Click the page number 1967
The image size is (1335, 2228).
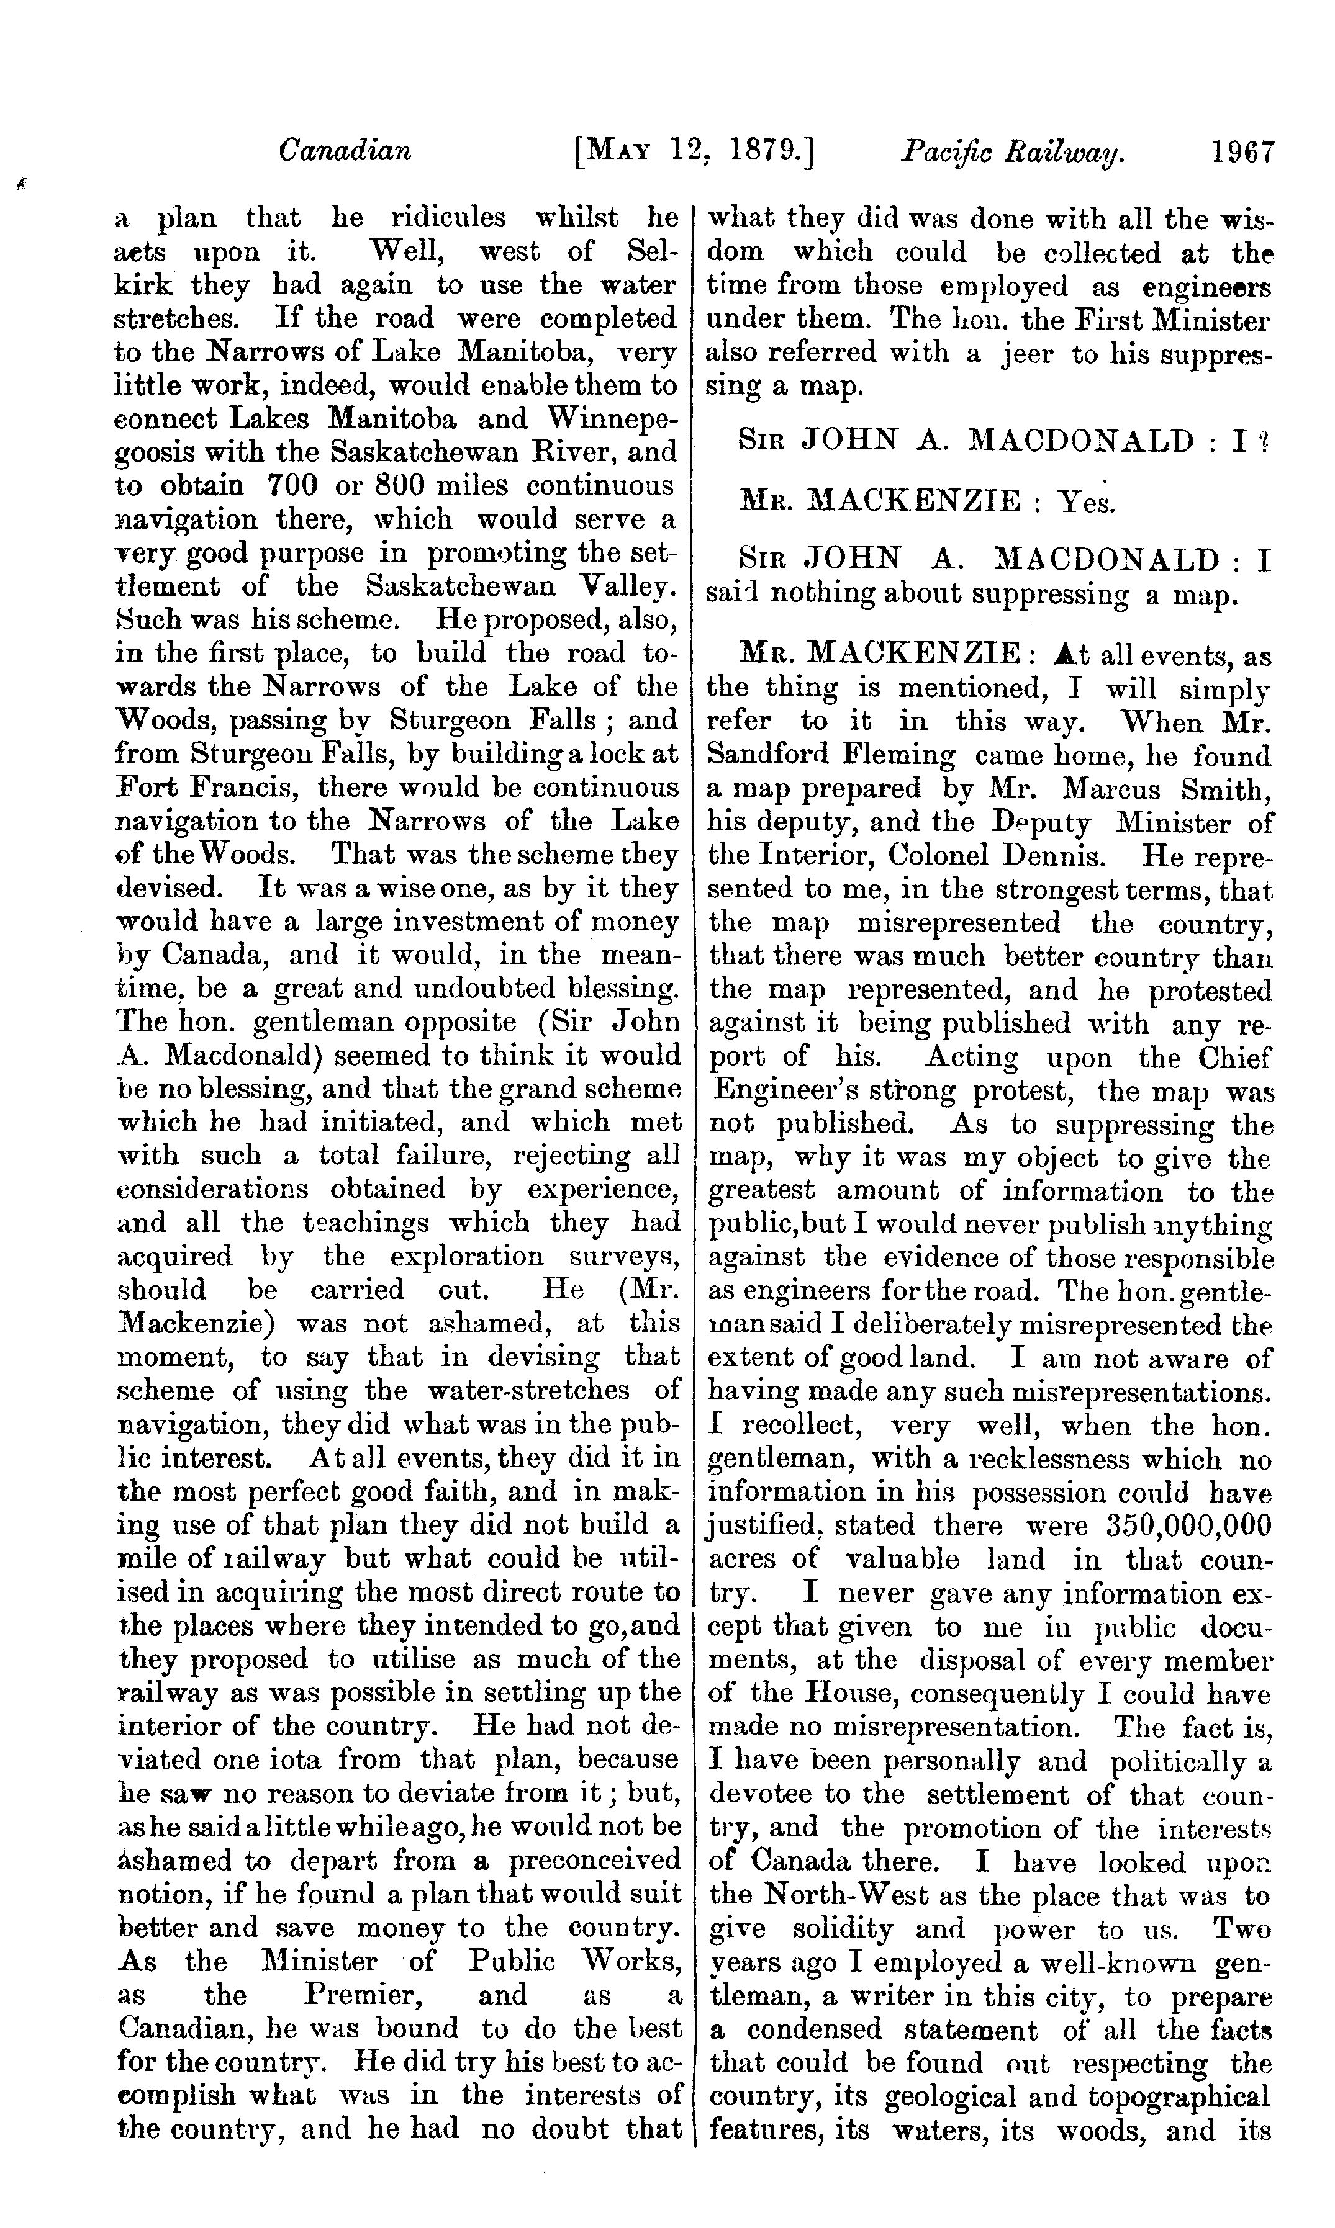coord(1242,151)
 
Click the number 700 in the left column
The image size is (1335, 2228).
coord(290,487)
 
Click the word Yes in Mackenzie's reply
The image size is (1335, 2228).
coord(1086,501)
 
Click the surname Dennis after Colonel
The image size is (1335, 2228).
coord(1052,855)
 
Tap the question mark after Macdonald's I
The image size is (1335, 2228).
coord(1264,441)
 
